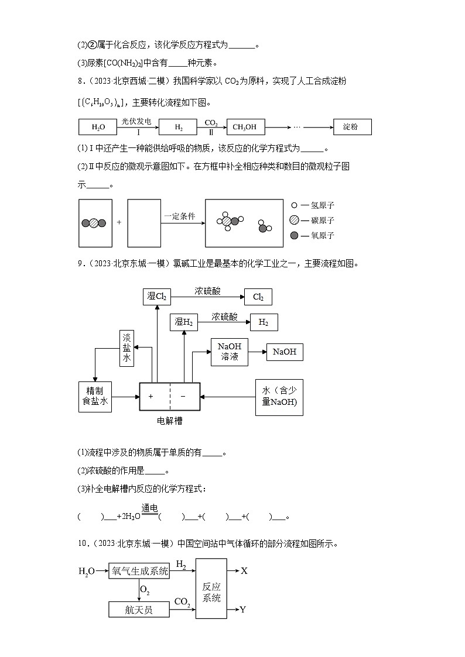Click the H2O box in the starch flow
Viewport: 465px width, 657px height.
[x=97, y=127]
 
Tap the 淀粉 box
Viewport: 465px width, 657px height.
[x=352, y=127]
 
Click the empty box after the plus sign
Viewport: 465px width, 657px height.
[x=144, y=223]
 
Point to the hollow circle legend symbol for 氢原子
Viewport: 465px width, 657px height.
[x=294, y=205]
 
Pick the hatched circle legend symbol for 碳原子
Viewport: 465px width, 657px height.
[x=294, y=220]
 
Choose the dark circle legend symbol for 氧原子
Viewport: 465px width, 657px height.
[x=294, y=235]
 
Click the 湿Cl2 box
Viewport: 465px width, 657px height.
[x=156, y=297]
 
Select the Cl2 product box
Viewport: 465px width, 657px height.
[x=258, y=297]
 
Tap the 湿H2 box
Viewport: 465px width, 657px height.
[x=183, y=322]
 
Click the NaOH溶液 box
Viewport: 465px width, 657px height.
[x=230, y=351]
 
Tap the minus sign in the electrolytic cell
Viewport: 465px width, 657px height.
[x=183, y=396]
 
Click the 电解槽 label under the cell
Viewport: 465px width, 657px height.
[x=169, y=420]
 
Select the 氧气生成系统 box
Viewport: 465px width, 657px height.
[x=139, y=571]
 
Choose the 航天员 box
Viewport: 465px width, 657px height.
[x=139, y=610]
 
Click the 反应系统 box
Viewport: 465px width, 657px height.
[x=211, y=589]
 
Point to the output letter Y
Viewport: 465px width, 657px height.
[x=243, y=610]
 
